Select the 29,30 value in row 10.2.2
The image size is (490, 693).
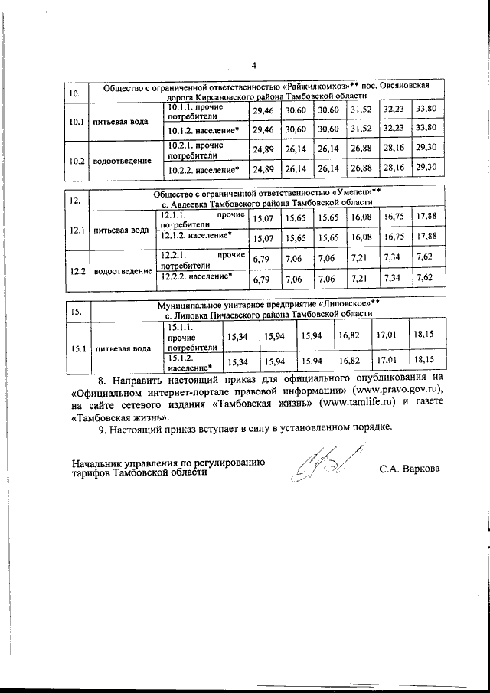426,167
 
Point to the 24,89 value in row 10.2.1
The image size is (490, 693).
263,149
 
